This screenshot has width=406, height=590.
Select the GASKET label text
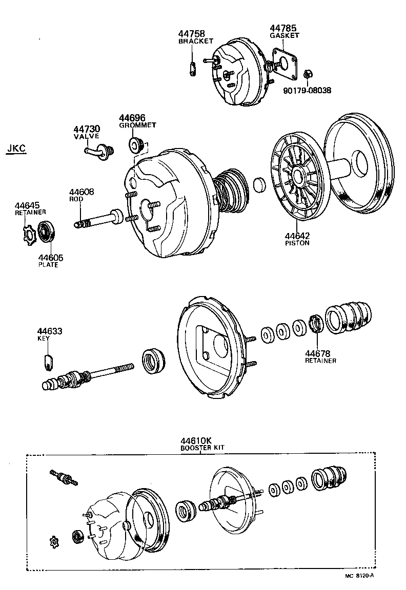click(x=285, y=35)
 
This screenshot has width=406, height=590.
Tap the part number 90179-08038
click(x=307, y=90)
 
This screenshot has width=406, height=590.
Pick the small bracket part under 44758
click(x=193, y=69)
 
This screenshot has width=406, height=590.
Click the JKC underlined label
click(x=16, y=149)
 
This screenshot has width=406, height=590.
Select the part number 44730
click(x=86, y=129)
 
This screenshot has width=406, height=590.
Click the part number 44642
click(x=297, y=236)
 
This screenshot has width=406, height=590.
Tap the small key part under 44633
click(x=47, y=361)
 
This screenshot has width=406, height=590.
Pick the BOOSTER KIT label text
click(x=202, y=448)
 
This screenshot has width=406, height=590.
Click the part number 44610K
click(x=195, y=440)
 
